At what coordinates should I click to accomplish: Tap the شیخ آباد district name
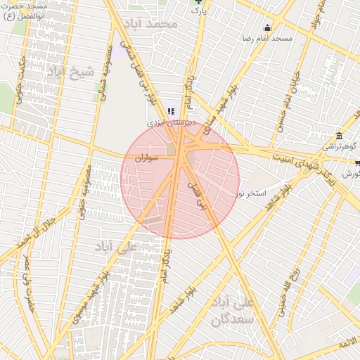pos(70,72)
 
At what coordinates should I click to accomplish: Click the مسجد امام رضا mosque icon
pos(267,28)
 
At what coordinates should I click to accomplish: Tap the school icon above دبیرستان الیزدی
pos(171,111)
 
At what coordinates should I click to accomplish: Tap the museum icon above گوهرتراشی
pos(340,135)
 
